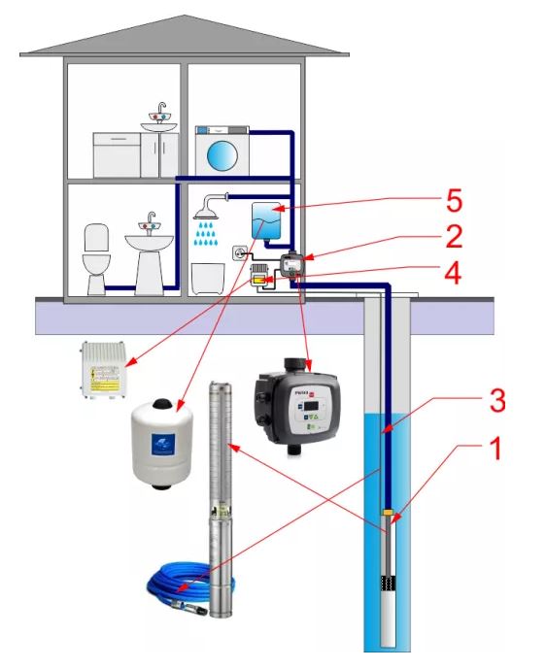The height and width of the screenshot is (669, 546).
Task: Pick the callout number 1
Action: click(495, 451)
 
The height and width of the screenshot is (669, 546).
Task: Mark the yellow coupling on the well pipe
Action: click(389, 512)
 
